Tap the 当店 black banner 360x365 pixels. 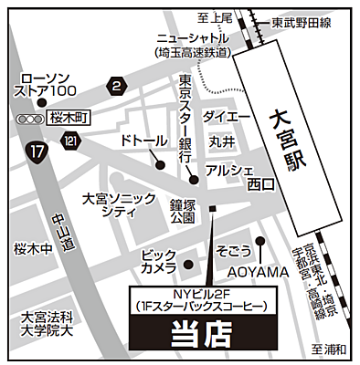(199, 335)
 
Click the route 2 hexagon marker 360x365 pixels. (116, 87)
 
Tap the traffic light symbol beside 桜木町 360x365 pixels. (30, 120)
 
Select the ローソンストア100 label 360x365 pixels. (49, 84)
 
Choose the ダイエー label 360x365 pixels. (226, 117)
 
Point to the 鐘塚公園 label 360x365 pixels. (184, 212)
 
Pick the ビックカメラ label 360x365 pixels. (158, 259)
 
